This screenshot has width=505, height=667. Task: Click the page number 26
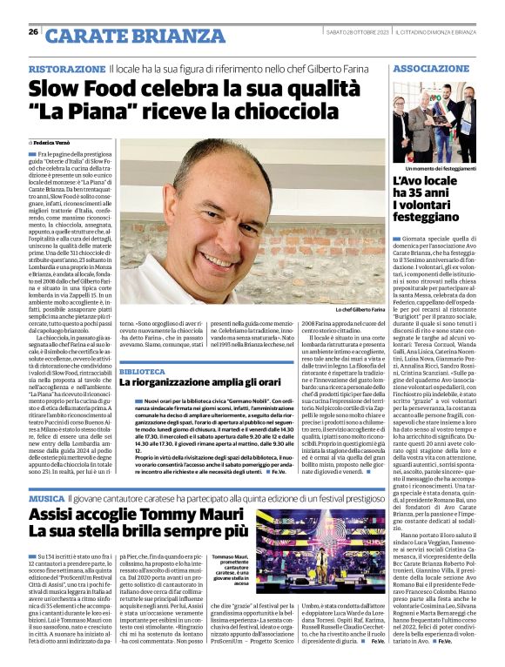point(33,32)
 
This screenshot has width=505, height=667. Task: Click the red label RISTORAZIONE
point(68,68)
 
